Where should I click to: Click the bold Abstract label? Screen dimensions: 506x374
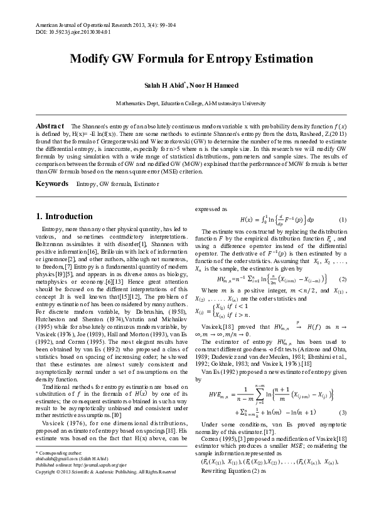[x=51, y=126]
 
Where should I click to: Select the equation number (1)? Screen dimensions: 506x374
[x=343, y=220]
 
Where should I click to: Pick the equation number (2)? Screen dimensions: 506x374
[x=343, y=278]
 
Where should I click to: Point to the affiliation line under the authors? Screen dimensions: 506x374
[x=187, y=103]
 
